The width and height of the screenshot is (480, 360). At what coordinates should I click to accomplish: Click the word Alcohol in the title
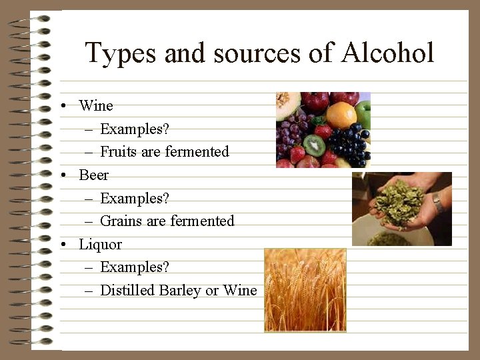pos(387,53)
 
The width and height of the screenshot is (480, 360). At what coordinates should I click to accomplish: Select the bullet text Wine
pos(96,105)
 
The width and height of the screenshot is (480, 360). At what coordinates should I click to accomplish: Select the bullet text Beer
pos(93,175)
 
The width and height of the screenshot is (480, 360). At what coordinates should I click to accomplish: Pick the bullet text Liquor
pos(100,244)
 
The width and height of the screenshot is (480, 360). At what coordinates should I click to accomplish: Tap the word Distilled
pos(127,290)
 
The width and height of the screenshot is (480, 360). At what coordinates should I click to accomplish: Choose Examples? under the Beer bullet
pos(135,198)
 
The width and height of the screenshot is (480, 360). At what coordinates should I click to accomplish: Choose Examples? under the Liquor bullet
pos(135,267)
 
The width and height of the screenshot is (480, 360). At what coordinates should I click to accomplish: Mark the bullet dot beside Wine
pos(61,106)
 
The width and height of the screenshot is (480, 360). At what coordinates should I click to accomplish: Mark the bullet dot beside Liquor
pos(61,245)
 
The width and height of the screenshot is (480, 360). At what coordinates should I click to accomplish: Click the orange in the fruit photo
pos(341,115)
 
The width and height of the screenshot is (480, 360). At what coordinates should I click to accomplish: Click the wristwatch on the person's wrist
pos(438,203)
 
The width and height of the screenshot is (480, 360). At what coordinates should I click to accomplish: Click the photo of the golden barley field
pos(305,290)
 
